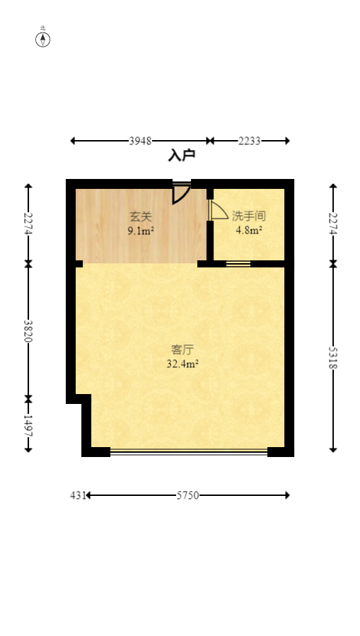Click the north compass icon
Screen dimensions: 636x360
[43, 39]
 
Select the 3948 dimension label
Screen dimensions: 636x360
[140, 141]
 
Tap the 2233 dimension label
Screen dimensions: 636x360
[249, 141]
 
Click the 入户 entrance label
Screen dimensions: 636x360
[181, 156]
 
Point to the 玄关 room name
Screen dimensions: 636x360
[140, 216]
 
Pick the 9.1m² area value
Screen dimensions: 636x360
[141, 231]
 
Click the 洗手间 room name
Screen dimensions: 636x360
[248, 216]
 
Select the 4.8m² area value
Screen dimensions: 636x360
[249, 230]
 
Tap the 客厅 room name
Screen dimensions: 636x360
[182, 349]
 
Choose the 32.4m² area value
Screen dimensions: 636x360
[182, 364]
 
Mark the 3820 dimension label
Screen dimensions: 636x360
[28, 331]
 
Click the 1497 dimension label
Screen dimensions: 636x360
[28, 425]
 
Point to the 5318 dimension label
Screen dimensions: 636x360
[333, 357]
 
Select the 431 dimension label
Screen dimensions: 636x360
[77, 495]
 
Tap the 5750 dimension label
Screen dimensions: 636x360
[187, 495]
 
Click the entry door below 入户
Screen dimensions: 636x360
[181, 192]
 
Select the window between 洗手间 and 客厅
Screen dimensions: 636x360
[238, 265]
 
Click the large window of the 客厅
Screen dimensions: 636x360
[188, 451]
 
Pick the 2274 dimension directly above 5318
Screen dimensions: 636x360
[333, 224]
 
